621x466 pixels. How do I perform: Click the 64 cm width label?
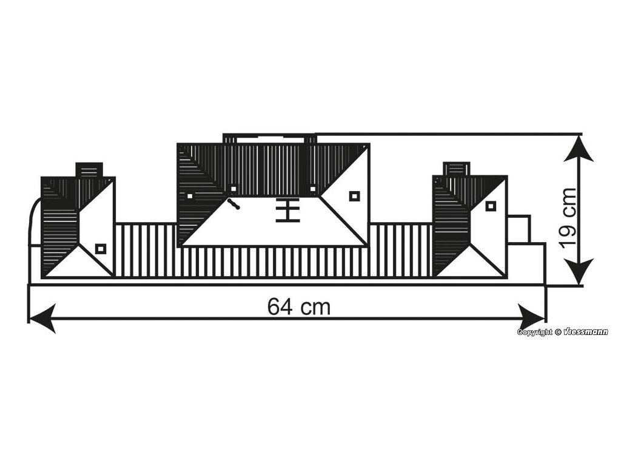point(299,308)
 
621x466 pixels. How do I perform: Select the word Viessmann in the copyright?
point(585,332)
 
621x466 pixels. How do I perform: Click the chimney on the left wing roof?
point(89,170)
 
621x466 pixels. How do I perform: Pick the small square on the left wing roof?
point(101,248)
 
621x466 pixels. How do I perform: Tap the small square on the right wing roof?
point(491,206)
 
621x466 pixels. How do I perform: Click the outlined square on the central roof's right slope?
point(354,195)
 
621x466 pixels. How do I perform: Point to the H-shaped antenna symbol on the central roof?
point(288,210)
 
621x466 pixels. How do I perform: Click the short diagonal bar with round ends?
point(233,204)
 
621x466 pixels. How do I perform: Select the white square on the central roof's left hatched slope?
point(190,196)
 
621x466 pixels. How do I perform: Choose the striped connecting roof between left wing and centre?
point(146,250)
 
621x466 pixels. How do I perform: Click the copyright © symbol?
point(557,332)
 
